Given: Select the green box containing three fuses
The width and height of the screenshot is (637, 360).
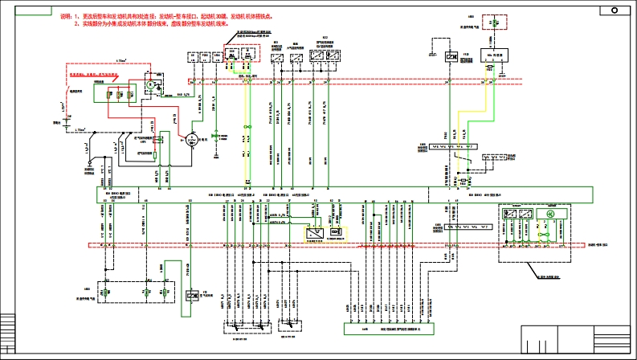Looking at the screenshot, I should pyautogui.click(x=112, y=92).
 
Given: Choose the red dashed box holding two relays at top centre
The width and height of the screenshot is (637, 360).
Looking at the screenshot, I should pyautogui.click(x=240, y=55).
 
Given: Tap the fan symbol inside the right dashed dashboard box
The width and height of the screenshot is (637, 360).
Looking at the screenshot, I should pyautogui.click(x=552, y=215).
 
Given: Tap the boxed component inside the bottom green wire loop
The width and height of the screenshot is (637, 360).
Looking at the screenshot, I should pyautogui.click(x=192, y=296).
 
